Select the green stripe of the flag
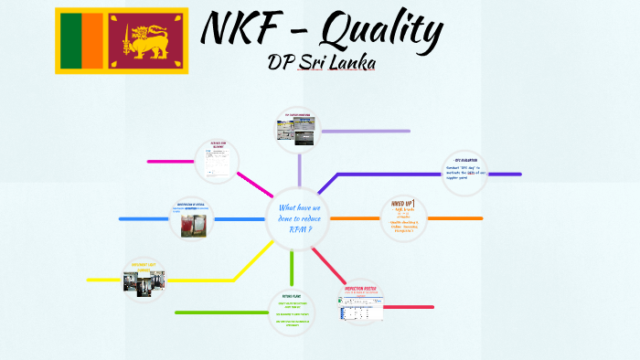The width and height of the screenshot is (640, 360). click(x=69, y=41)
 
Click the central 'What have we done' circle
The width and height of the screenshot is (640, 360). click(x=297, y=219)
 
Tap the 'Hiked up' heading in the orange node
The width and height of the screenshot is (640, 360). click(x=403, y=202)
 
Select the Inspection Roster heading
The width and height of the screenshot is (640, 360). click(x=362, y=289)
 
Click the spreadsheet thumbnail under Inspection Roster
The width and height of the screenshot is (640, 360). click(x=362, y=310)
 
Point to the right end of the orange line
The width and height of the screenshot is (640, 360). click(x=481, y=218)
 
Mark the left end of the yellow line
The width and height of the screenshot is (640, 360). click(x=89, y=280)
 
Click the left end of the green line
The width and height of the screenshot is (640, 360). click(x=176, y=313)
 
